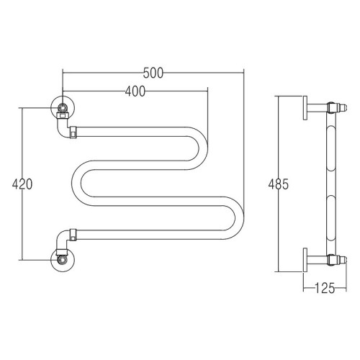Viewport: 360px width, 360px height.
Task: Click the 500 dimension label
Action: click(x=153, y=73)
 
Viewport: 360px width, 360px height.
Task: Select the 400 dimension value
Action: click(x=135, y=91)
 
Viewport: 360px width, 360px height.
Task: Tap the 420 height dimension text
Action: click(x=22, y=184)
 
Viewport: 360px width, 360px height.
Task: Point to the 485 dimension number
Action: click(x=279, y=184)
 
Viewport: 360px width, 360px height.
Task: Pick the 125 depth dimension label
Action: click(x=325, y=288)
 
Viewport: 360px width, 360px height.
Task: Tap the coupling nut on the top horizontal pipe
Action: click(x=73, y=132)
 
